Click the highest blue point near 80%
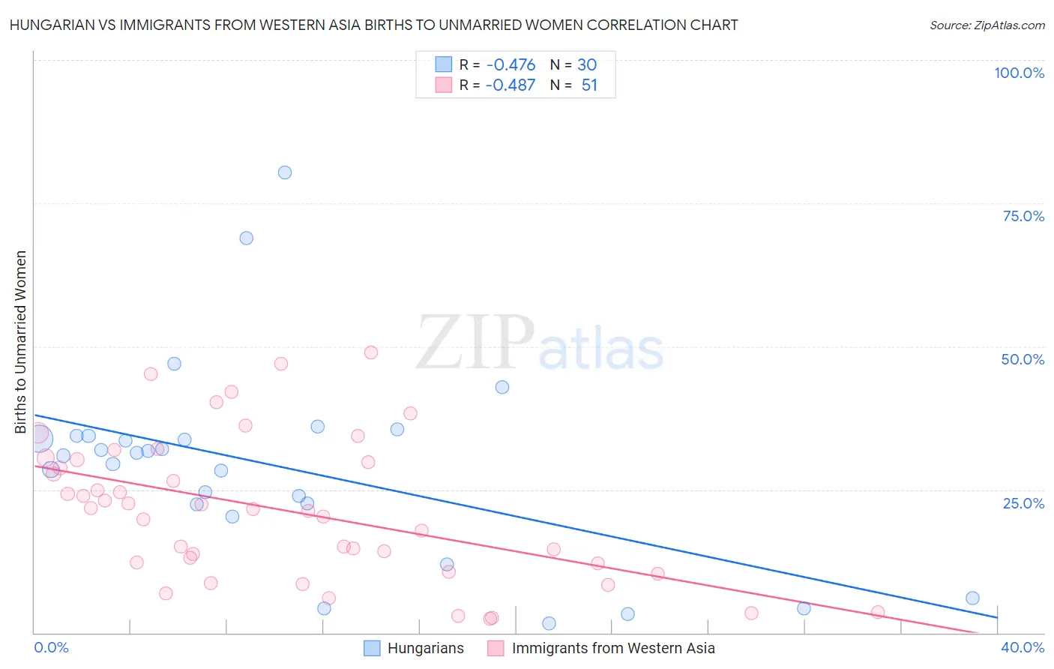coord(285,172)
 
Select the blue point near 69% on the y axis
coord(247,238)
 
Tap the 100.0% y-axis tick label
coord(1019,73)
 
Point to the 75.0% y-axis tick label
coord(1023,216)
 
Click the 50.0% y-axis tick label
coord(1023,359)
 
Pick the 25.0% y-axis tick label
coord(1023,503)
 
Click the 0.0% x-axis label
coord(52,647)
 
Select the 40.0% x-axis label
coord(1023,647)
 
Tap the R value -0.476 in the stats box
coord(511,64)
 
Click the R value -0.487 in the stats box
coord(511,85)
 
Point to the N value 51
coord(589,85)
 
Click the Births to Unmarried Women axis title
coord(21,342)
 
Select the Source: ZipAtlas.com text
coord(987,25)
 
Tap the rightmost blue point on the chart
coord(972,598)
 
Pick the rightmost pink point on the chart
coord(878,613)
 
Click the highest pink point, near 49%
coord(371,352)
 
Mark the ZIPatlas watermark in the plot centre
coord(540,343)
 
